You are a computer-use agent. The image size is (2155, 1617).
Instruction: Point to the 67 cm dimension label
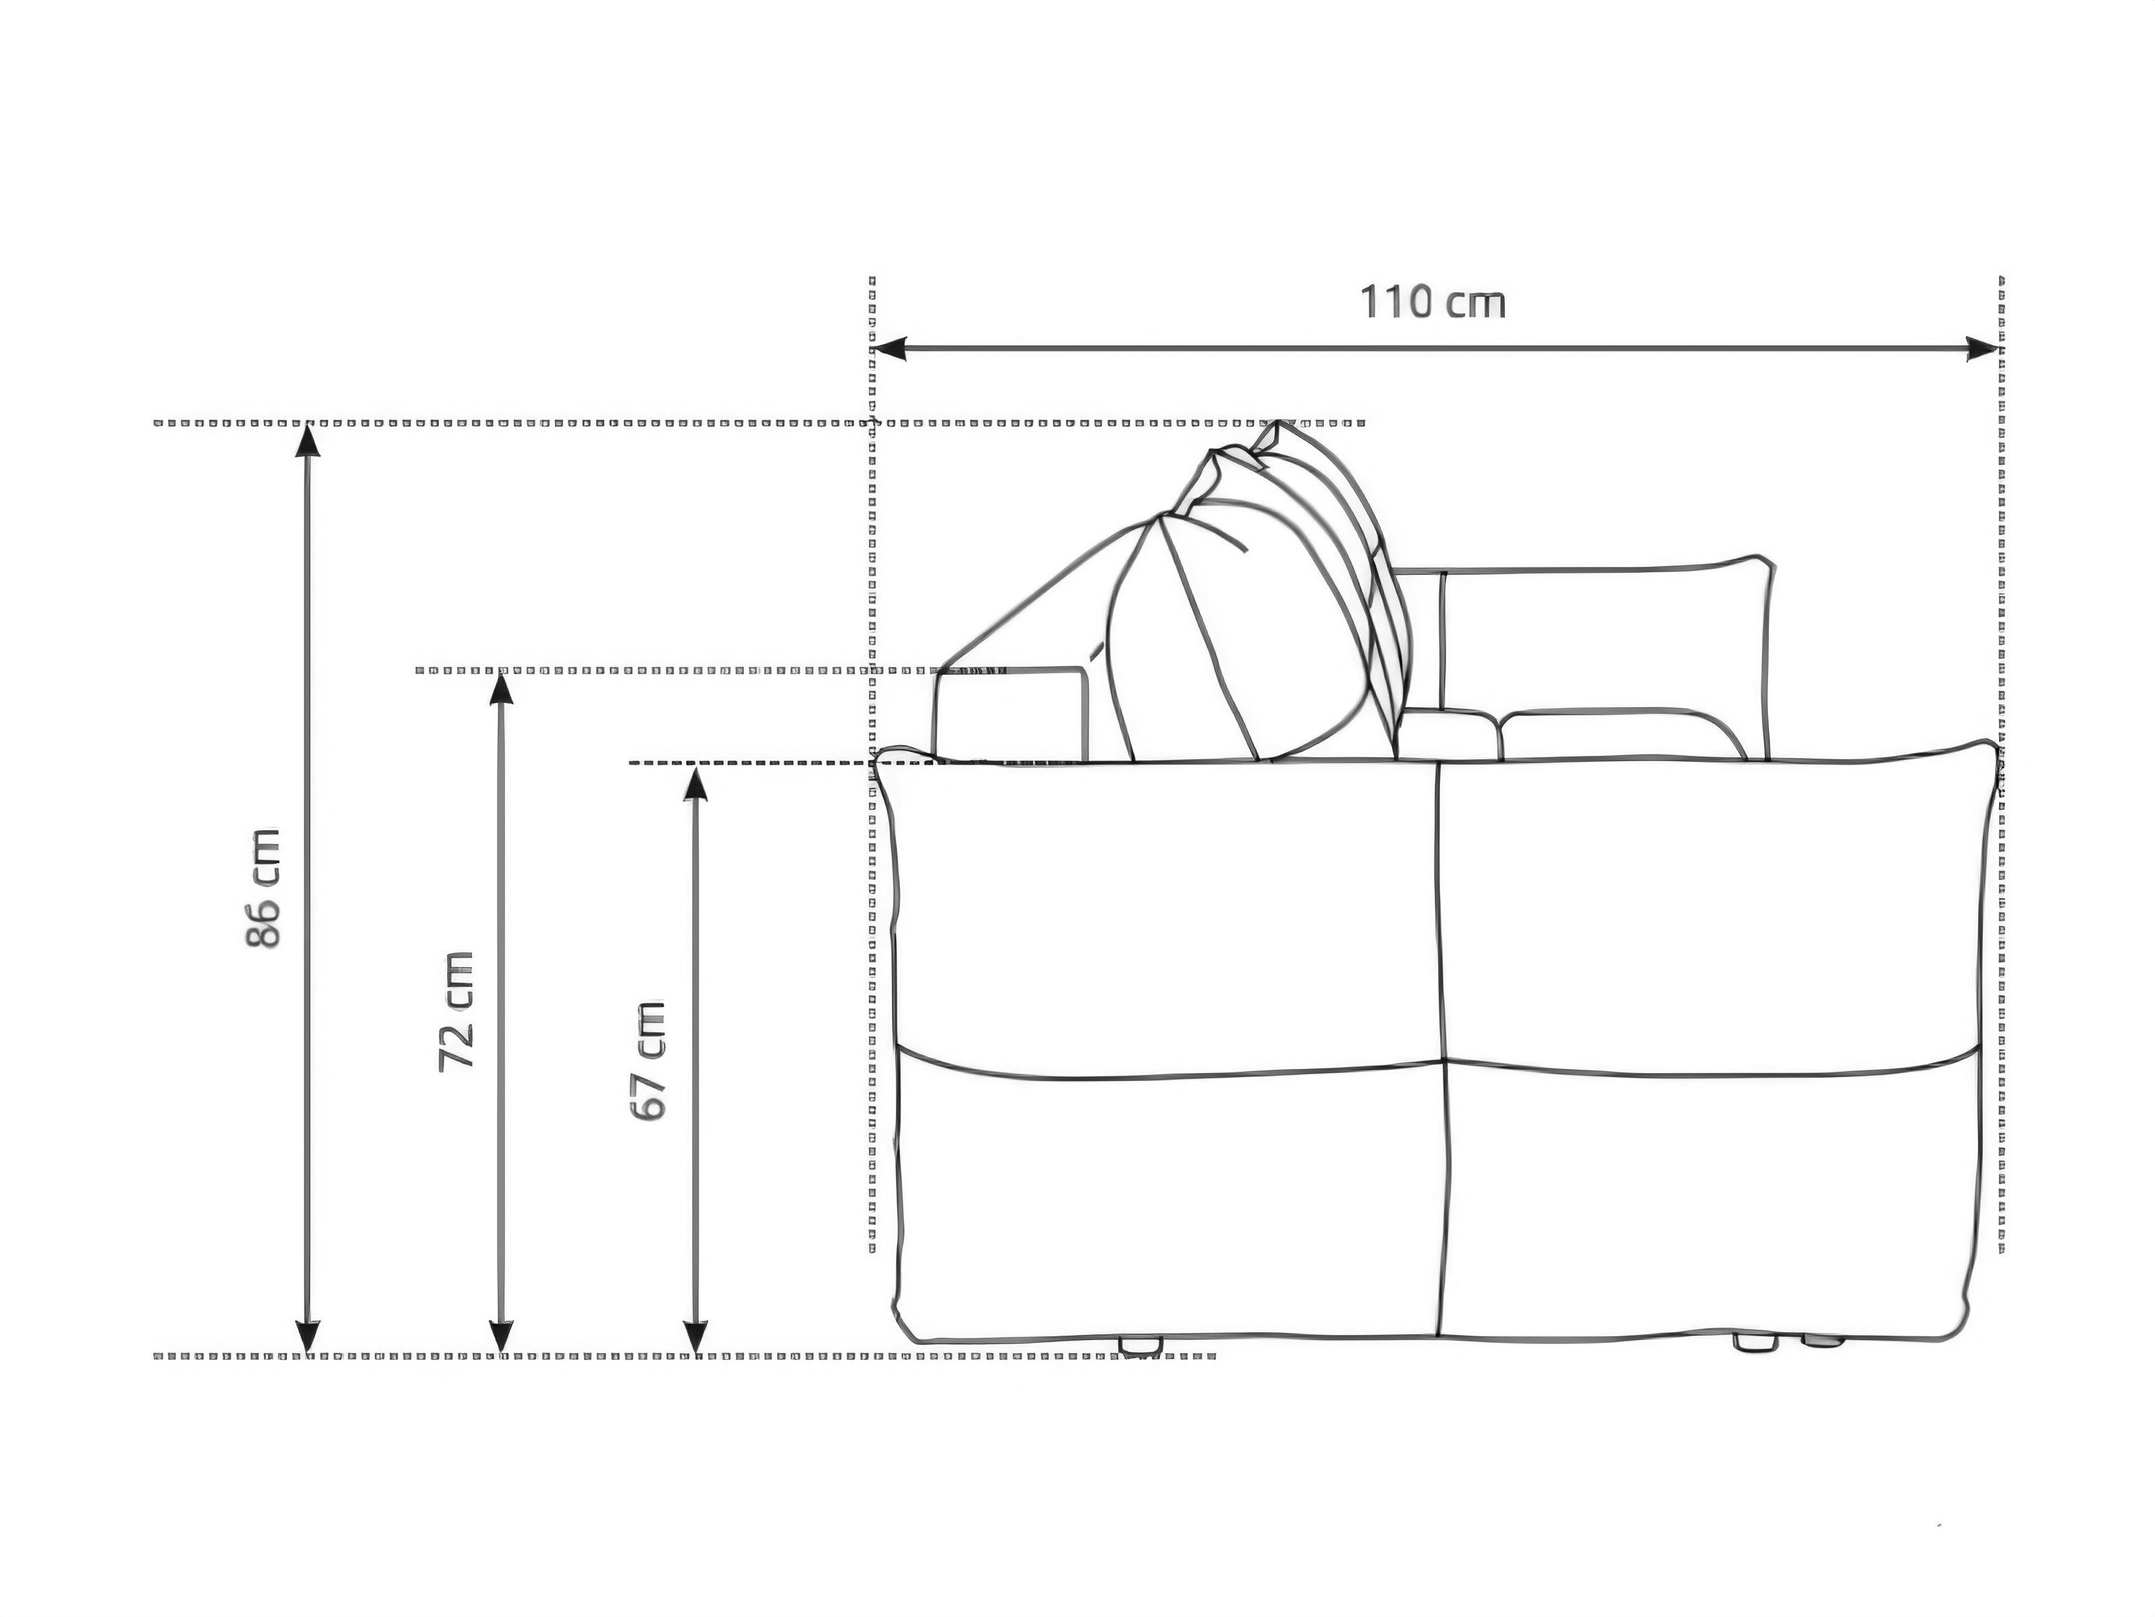point(649,1061)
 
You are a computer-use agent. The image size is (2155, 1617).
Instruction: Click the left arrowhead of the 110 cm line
point(888,348)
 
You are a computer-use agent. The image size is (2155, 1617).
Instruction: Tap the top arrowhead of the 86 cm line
point(308,440)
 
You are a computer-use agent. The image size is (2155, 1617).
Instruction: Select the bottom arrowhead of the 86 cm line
point(308,1336)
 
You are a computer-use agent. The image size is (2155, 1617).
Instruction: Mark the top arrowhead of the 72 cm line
point(501,688)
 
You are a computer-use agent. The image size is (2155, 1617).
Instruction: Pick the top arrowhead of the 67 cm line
point(695,782)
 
